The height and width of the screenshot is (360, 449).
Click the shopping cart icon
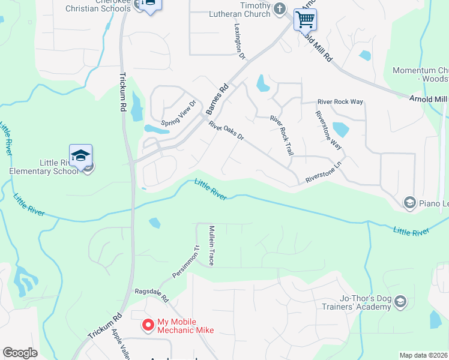[305, 19]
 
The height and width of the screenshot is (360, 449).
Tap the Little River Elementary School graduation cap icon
[80, 156]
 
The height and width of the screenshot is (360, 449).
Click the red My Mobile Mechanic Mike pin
[147, 325]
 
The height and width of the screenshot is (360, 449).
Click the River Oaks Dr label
[227, 132]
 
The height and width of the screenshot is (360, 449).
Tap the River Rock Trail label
[282, 136]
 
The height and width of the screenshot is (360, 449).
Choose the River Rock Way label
[340, 102]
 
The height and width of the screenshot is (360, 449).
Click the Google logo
[20, 353]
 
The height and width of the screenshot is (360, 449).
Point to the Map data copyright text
[423, 355]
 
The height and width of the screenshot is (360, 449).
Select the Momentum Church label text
[420, 74]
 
